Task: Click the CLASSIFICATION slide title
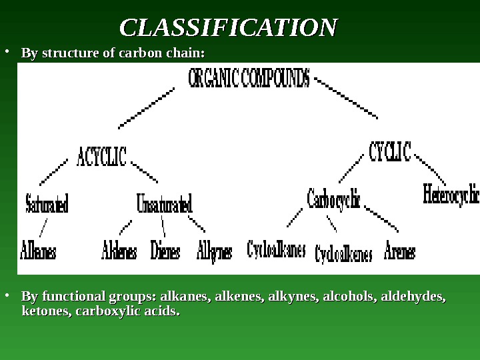click(229, 28)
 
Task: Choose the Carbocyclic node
click(333, 198)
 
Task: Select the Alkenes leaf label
click(119, 253)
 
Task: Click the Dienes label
click(166, 253)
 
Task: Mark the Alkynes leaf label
click(215, 253)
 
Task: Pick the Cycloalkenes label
click(343, 254)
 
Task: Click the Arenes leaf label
click(400, 253)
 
